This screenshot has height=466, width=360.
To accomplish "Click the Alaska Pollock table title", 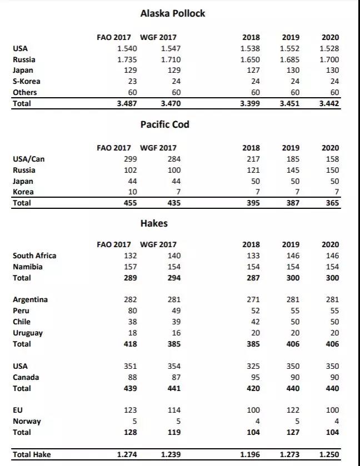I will (x=172, y=13).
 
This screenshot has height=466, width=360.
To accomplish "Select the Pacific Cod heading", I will (x=164, y=124).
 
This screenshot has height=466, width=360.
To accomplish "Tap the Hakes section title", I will (x=154, y=223).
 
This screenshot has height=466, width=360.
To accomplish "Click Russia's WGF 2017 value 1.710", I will (x=170, y=59).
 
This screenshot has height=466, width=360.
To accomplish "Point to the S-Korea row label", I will (x=26, y=81).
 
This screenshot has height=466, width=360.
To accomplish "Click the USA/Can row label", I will (x=28, y=159).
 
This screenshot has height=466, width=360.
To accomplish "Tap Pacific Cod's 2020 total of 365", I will (x=332, y=203).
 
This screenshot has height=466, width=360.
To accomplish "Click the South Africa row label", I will (x=34, y=255).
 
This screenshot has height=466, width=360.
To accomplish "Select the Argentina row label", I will (x=30, y=299).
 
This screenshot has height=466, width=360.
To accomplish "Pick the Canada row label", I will (x=26, y=377).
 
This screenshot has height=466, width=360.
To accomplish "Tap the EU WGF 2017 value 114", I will (x=174, y=410).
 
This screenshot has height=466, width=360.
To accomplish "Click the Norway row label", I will (x=27, y=421).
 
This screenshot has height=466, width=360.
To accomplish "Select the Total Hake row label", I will (x=32, y=454).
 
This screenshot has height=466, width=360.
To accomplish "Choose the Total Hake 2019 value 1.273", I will (x=291, y=454).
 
